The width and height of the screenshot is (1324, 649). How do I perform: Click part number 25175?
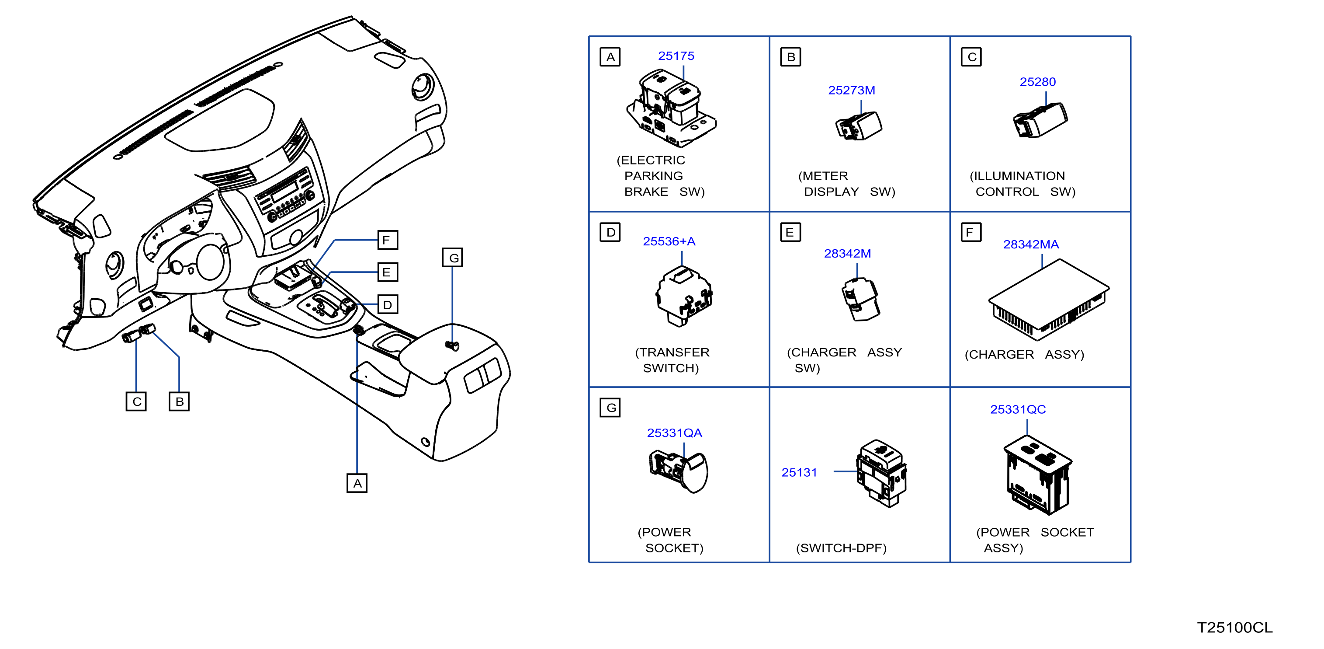[x=676, y=56]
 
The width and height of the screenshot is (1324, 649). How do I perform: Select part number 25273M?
[x=851, y=90]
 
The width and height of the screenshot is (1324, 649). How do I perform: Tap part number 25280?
[x=1037, y=82]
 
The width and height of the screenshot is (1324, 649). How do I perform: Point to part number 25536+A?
[x=669, y=241]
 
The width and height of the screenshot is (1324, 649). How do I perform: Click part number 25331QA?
[x=674, y=433]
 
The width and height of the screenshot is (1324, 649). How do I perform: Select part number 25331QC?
[x=1018, y=409]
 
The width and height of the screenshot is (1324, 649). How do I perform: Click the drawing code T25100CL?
[x=1234, y=628]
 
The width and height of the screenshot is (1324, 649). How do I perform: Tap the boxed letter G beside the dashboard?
[x=452, y=258]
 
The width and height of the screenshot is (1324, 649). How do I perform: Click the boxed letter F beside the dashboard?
[x=388, y=240]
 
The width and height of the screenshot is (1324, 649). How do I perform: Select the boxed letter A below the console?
[x=357, y=483]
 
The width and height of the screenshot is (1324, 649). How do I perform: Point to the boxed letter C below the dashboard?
[x=136, y=401]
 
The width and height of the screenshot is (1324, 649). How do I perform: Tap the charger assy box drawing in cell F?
[x=1049, y=300]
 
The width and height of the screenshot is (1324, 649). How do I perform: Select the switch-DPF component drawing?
[x=881, y=473]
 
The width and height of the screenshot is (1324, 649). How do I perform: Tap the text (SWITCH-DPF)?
[x=842, y=548]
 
